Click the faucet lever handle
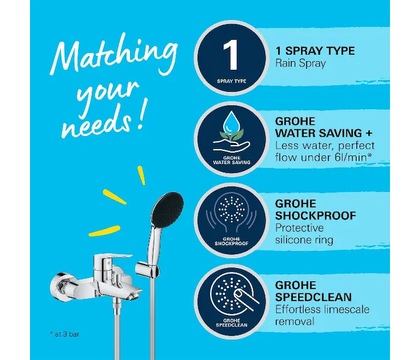click(x=112, y=258)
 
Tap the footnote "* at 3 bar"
click(x=65, y=334)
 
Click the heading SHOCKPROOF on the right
click(x=316, y=215)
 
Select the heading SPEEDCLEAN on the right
click(x=313, y=298)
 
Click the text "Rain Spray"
click(x=300, y=64)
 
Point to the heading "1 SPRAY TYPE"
click(x=315, y=51)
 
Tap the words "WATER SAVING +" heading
click(x=324, y=133)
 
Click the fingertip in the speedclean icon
click(x=237, y=293)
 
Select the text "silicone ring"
click(x=304, y=240)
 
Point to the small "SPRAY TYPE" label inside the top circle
click(x=232, y=81)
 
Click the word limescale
click(x=346, y=310)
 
